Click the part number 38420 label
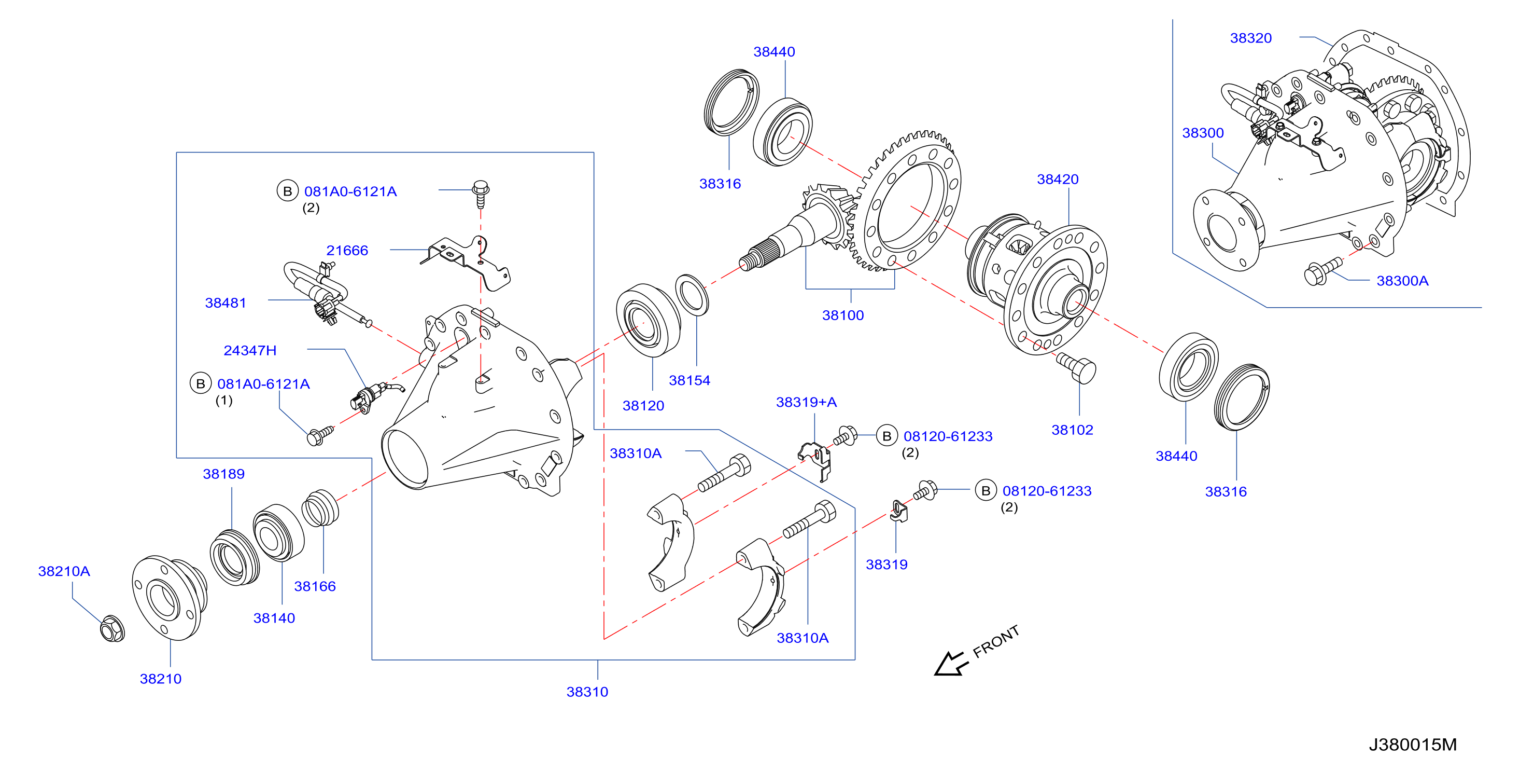pyautogui.click(x=1058, y=180)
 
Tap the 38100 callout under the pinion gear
pyautogui.click(x=842, y=315)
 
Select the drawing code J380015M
pyautogui.click(x=1413, y=745)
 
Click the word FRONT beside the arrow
pyautogui.click(x=996, y=641)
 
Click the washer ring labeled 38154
pyautogui.click(x=692, y=295)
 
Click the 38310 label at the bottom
pyautogui.click(x=587, y=692)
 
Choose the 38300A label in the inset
pyautogui.click(x=1402, y=281)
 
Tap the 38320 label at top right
pyautogui.click(x=1250, y=38)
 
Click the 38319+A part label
pyautogui.click(x=806, y=403)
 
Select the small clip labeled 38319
pyautogui.click(x=898, y=512)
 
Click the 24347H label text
pyautogui.click(x=250, y=351)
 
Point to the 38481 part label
pyautogui.click(x=226, y=303)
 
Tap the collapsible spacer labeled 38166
pyautogui.click(x=320, y=508)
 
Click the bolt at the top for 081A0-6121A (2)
pyautogui.click(x=481, y=194)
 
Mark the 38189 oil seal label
pyautogui.click(x=223, y=474)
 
